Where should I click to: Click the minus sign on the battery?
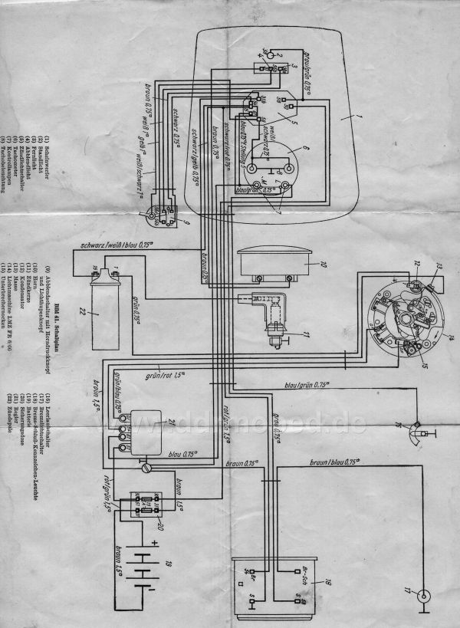click(x=146, y=597)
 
